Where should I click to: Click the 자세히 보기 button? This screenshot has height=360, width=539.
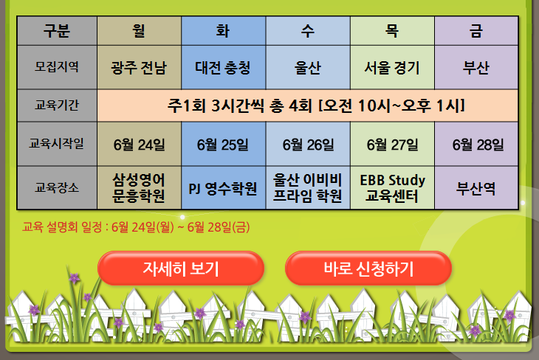point(181,269)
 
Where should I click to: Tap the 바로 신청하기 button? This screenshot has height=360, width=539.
point(368,269)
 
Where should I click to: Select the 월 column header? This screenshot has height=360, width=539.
point(140,31)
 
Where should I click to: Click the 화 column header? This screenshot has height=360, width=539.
point(224,31)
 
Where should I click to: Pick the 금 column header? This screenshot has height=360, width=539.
point(476,31)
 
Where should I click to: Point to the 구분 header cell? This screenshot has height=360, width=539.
point(57,31)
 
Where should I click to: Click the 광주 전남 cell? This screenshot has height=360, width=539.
point(140,67)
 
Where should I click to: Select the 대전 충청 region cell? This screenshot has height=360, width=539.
point(224,67)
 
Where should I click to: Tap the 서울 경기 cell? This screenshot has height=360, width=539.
point(392,67)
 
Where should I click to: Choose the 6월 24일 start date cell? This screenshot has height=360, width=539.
point(140,144)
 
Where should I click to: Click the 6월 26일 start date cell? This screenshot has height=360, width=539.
point(308,144)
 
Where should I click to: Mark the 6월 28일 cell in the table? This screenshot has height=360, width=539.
point(476,144)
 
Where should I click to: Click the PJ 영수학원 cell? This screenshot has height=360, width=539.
point(224,188)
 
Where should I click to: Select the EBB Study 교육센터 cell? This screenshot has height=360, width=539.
point(392,188)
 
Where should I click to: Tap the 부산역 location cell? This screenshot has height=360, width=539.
point(476,188)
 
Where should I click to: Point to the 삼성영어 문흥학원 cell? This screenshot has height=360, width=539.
point(140,188)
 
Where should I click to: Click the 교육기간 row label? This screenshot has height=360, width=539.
point(57,105)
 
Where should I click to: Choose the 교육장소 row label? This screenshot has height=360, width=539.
point(57,188)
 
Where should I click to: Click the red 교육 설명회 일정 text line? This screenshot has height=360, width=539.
point(136,227)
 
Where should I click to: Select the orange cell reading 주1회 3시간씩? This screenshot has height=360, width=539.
point(308,105)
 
